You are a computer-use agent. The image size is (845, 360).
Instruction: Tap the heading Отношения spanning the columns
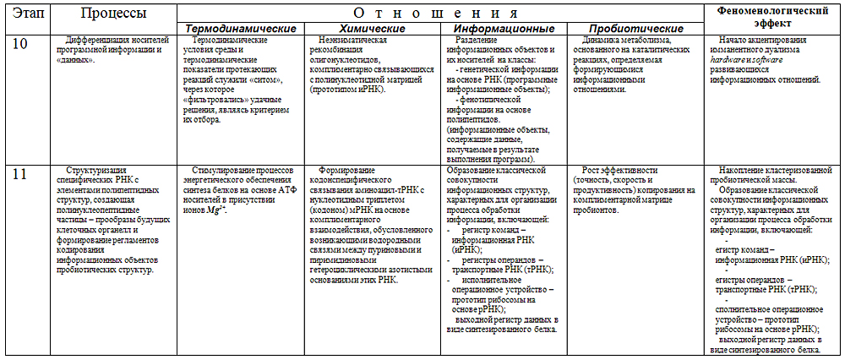coord(439,12)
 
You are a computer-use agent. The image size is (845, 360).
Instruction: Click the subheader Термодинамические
coord(231,29)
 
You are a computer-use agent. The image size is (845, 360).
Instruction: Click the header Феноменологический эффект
coord(772,18)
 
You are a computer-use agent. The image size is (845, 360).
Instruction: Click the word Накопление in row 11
coord(748,170)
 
